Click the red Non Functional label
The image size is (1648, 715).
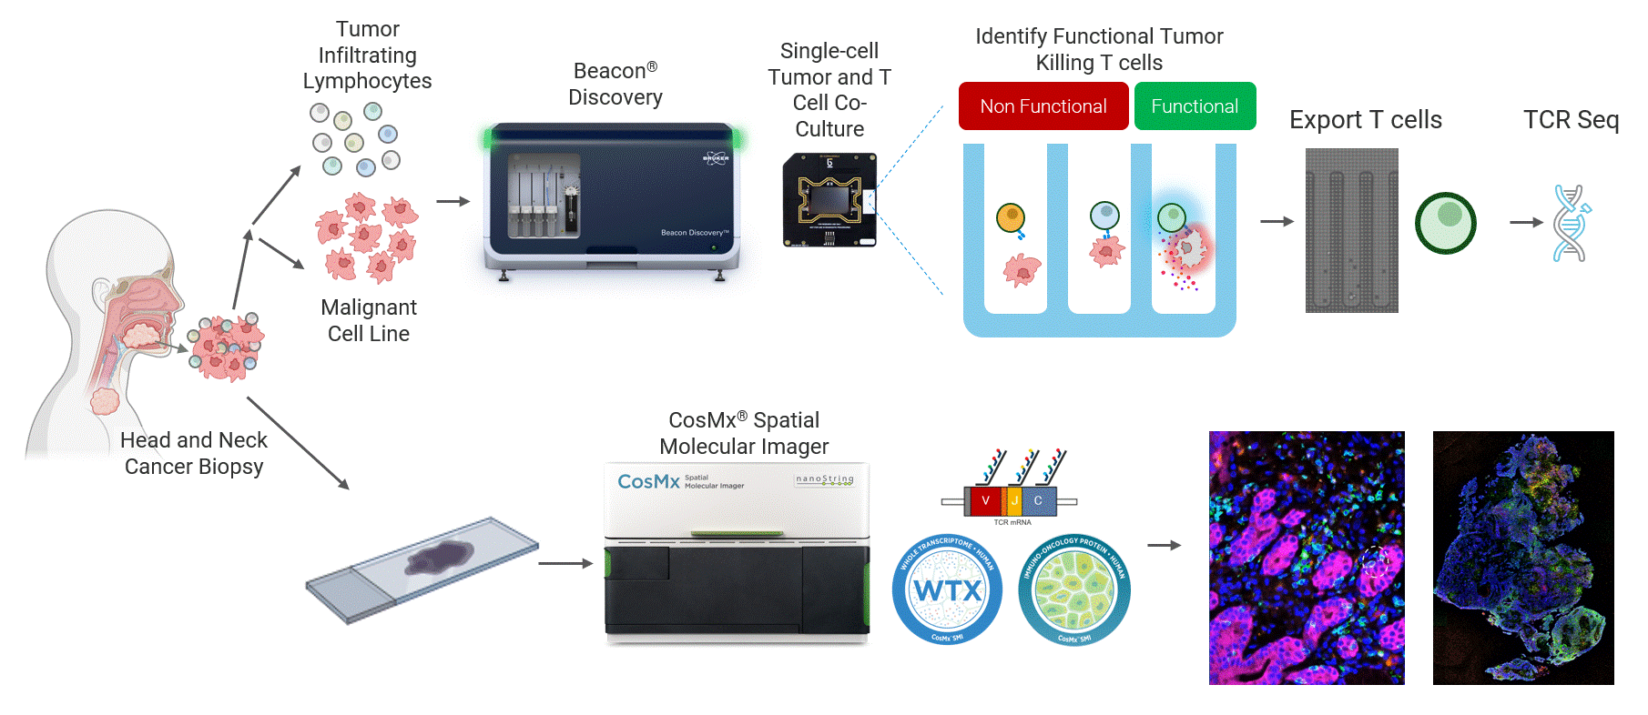(x=1043, y=106)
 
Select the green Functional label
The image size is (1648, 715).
(x=1195, y=106)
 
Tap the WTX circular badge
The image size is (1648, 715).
(x=947, y=589)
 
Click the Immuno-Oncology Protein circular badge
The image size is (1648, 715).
(x=1074, y=590)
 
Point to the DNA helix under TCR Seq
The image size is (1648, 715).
(x=1570, y=224)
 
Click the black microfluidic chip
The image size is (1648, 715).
(x=829, y=200)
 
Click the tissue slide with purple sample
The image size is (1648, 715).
(x=422, y=569)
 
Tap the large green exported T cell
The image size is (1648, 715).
(x=1445, y=223)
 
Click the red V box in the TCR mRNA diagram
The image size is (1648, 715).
(x=985, y=500)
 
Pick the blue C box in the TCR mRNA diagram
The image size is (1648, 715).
(x=1038, y=500)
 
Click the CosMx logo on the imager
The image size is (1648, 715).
(x=648, y=481)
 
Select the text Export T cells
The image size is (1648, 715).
(x=1365, y=120)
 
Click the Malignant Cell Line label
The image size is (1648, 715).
(x=369, y=320)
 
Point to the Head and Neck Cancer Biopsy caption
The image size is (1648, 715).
(x=194, y=453)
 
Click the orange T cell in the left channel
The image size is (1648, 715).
(x=1011, y=217)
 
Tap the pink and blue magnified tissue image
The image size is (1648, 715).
(x=1307, y=558)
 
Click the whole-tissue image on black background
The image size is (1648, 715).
(x=1523, y=558)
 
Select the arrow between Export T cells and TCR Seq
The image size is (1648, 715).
(x=1526, y=222)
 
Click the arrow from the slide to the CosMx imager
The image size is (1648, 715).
(x=565, y=563)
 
